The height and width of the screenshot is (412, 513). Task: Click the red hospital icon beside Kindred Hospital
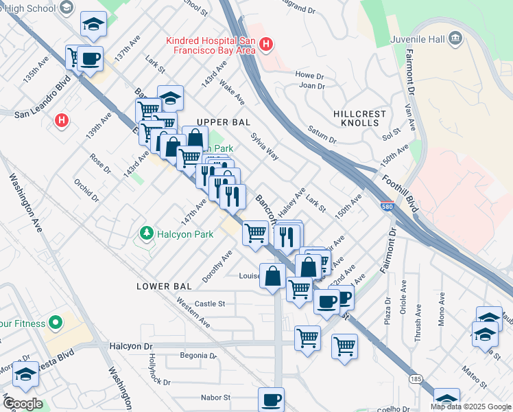click(x=266, y=46)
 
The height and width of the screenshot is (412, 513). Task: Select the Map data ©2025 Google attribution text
click(x=470, y=407)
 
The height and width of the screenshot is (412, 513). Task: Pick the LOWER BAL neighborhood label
click(x=162, y=285)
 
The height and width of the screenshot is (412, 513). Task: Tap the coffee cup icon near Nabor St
click(x=271, y=399)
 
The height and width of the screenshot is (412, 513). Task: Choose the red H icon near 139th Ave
click(x=62, y=121)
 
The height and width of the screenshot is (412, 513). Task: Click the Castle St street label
click(x=210, y=304)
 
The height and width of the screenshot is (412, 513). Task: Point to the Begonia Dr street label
click(x=198, y=356)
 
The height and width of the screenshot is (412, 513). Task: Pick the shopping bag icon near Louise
click(x=272, y=276)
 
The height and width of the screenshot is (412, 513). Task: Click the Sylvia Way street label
click(x=265, y=146)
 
